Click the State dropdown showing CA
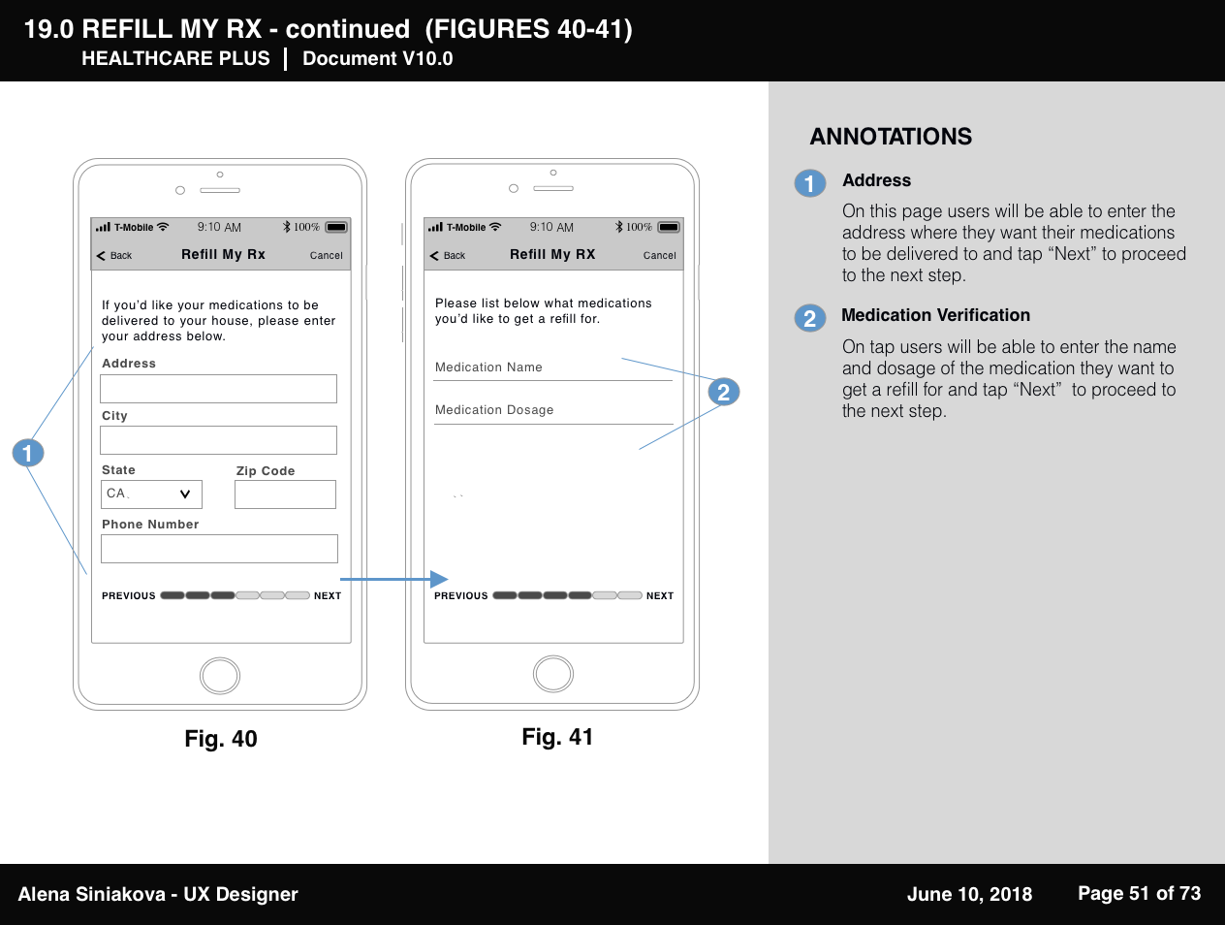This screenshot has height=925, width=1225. pyautogui.click(x=151, y=494)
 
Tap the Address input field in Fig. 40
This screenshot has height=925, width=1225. pyautogui.click(x=218, y=389)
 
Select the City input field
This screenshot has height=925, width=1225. pyautogui.click(x=218, y=440)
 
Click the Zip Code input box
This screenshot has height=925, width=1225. pyautogui.click(x=285, y=494)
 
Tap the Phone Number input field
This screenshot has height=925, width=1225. pyautogui.click(x=219, y=549)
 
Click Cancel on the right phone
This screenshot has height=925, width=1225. pyautogui.click(x=659, y=256)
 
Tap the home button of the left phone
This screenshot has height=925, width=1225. pyautogui.click(x=220, y=675)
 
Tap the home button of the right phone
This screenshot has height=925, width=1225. pyautogui.click(x=553, y=674)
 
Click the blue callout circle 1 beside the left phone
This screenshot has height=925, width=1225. pyautogui.click(x=28, y=453)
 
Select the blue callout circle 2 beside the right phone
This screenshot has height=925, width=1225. pyautogui.click(x=723, y=392)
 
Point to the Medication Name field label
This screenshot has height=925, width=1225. pyautogui.click(x=488, y=367)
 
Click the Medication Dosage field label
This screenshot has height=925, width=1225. pyautogui.click(x=494, y=410)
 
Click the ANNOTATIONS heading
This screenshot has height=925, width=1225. pyautogui.click(x=891, y=137)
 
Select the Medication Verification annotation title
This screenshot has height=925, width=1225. pyautogui.click(x=935, y=315)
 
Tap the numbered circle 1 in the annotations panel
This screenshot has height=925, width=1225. pyautogui.click(x=810, y=183)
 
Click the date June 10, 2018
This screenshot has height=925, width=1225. pyautogui.click(x=969, y=894)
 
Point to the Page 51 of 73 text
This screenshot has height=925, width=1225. pyautogui.click(x=1139, y=893)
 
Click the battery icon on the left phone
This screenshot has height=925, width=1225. pyautogui.click(x=336, y=227)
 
